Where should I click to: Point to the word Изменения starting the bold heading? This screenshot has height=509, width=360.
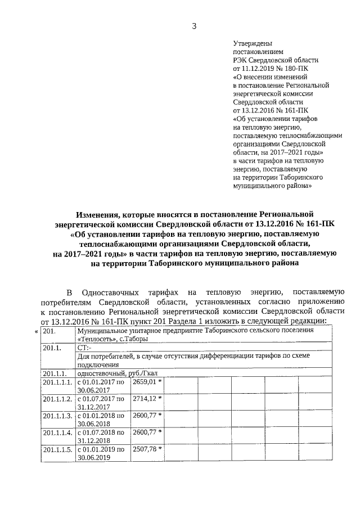pyautogui.click(x=100, y=214)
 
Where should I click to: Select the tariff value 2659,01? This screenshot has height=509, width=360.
pyautogui.click(x=143, y=382)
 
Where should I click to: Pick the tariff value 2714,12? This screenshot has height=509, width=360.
pyautogui.click(x=143, y=399)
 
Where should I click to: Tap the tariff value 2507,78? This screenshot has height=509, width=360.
pyautogui.click(x=143, y=449)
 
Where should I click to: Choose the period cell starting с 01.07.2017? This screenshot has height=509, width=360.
pyautogui.click(x=101, y=403)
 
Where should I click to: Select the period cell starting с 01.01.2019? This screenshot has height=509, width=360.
pyautogui.click(x=101, y=453)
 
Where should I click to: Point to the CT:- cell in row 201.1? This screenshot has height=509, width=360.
pyautogui.click(x=84, y=348)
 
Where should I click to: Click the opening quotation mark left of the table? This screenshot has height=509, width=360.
pyautogui.click(x=37, y=331)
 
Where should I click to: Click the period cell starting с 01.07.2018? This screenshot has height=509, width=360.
pyautogui.click(x=101, y=436)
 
